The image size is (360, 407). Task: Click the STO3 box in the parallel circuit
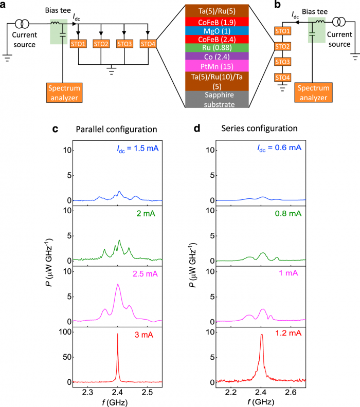point(124,44)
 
